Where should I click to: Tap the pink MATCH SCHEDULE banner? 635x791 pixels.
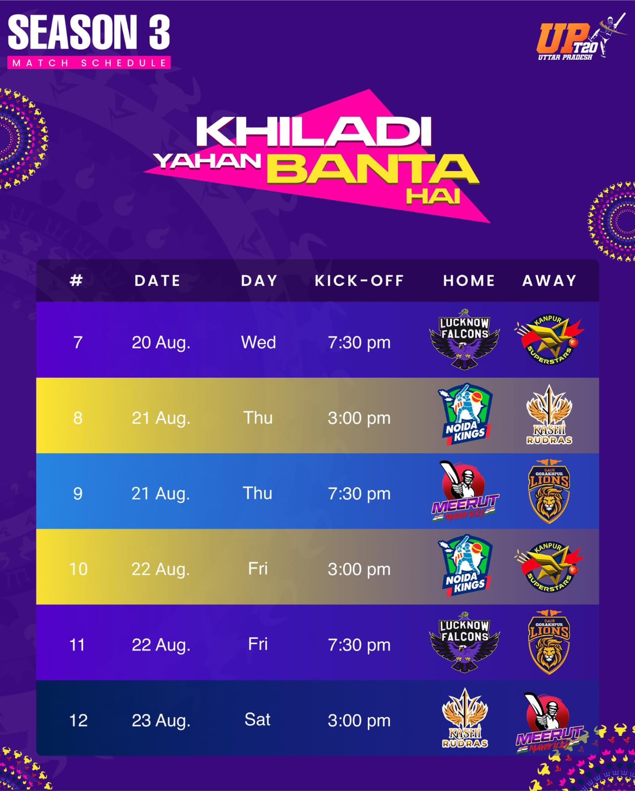pyautogui.click(x=89, y=62)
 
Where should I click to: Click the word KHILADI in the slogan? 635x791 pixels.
pyautogui.click(x=313, y=132)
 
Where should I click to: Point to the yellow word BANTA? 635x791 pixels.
pyautogui.click(x=372, y=169)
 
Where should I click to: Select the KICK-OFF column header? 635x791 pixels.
pyautogui.click(x=359, y=281)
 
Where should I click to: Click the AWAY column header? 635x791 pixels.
pyautogui.click(x=550, y=281)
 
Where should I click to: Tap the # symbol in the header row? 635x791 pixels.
pyautogui.click(x=76, y=280)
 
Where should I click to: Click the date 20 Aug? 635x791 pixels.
pyautogui.click(x=161, y=343)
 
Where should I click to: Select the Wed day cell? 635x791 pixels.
pyautogui.click(x=258, y=342)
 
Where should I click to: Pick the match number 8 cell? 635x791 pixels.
pyautogui.click(x=78, y=418)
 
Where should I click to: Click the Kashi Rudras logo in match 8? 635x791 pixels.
pyautogui.click(x=550, y=415)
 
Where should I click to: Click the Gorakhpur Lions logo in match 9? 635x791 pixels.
pyautogui.click(x=549, y=491)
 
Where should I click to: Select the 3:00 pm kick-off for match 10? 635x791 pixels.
pyautogui.click(x=359, y=570)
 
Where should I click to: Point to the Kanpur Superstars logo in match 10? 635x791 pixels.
pyautogui.click(x=549, y=567)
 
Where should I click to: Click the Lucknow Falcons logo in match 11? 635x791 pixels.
pyautogui.click(x=465, y=642)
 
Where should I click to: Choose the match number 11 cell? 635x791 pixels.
pyautogui.click(x=77, y=645)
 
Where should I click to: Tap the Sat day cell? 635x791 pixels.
pyautogui.click(x=257, y=719)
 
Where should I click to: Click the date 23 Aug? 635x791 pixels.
pyautogui.click(x=161, y=720)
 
